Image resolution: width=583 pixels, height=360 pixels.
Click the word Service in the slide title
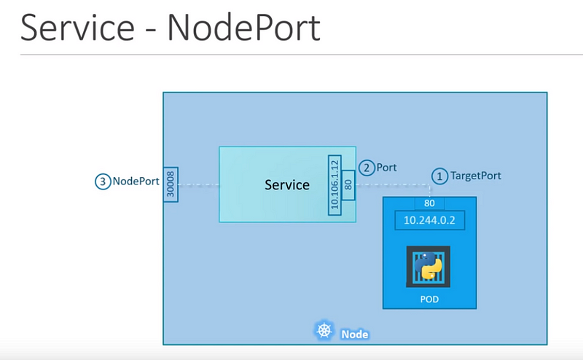[x=77, y=28]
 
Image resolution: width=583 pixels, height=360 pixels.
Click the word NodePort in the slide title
[x=244, y=28]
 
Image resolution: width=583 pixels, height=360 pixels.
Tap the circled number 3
[x=103, y=181]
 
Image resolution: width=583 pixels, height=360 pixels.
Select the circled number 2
[x=367, y=168]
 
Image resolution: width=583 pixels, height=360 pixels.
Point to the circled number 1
[x=439, y=176]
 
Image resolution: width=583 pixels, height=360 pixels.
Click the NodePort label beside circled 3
[x=136, y=181]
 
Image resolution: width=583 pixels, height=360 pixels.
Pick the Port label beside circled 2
[x=386, y=168]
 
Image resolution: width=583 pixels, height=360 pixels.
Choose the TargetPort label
[x=476, y=176]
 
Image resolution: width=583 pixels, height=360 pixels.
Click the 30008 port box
[x=171, y=184]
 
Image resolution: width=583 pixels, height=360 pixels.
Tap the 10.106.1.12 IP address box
[x=334, y=185]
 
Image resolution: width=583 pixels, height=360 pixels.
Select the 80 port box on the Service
[x=348, y=185]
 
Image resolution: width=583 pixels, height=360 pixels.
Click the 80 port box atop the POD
[x=429, y=203]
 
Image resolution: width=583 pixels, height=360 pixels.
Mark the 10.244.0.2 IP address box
[x=429, y=220]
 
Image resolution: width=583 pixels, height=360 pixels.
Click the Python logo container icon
[x=429, y=266]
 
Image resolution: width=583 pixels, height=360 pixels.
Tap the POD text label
[x=429, y=300]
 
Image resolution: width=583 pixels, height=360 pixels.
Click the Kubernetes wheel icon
[x=324, y=330]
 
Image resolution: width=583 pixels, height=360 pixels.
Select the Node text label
[x=355, y=334]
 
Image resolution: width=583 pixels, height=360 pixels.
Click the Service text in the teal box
[x=287, y=185]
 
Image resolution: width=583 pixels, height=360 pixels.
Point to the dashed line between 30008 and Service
[x=198, y=185]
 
